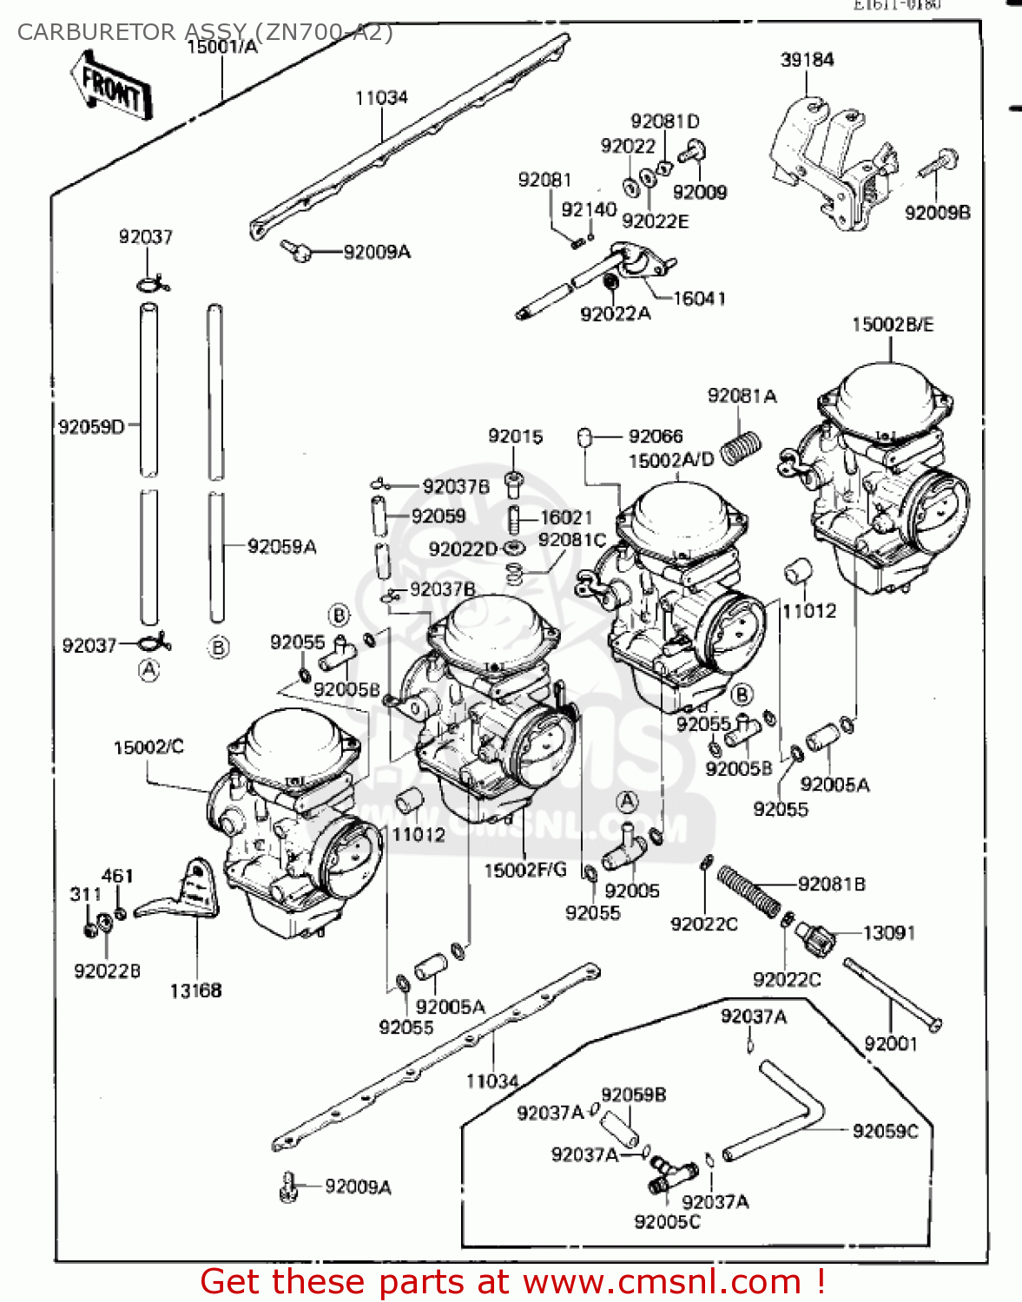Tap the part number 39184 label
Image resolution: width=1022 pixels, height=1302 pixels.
tap(807, 60)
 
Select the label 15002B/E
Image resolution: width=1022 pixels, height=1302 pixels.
tap(892, 325)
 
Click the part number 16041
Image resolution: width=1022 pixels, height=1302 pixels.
tap(699, 299)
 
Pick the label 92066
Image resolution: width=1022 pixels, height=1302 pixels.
tap(656, 436)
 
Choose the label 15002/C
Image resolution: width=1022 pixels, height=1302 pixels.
tap(148, 747)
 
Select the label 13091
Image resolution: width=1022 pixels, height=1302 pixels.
tap(889, 933)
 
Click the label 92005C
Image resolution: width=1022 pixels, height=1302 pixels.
tap(667, 1222)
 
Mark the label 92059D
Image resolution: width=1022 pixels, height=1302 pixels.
tap(91, 427)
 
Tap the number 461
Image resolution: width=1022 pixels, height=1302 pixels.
tap(117, 876)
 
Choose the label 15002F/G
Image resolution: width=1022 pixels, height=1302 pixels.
tap(525, 870)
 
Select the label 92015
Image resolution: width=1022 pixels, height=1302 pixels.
tap(515, 436)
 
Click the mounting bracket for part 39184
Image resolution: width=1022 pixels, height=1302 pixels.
tap(829, 165)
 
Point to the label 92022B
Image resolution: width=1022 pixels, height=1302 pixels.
tap(107, 971)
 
